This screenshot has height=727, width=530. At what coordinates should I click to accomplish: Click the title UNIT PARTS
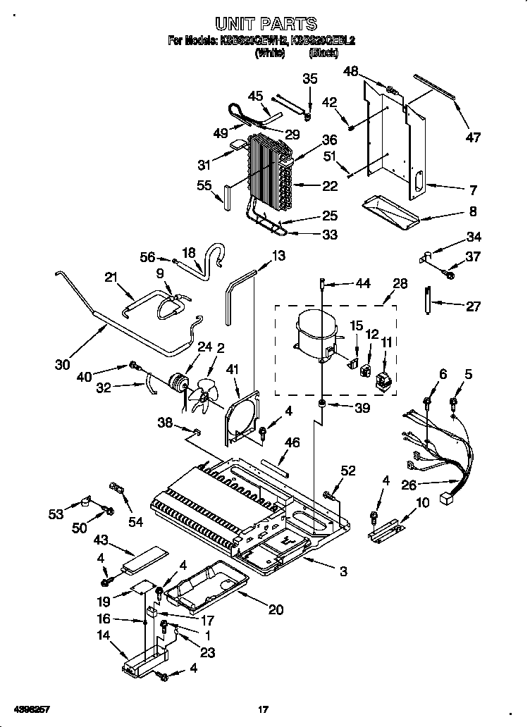coord(265,25)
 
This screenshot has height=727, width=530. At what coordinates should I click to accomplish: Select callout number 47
coord(473,137)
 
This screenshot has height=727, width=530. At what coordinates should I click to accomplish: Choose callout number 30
coord(63,365)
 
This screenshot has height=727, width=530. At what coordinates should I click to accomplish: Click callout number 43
coord(101,539)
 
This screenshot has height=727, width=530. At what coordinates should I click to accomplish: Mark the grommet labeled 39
coord(321,404)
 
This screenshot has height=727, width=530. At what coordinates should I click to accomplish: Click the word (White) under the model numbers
coord(269,52)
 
